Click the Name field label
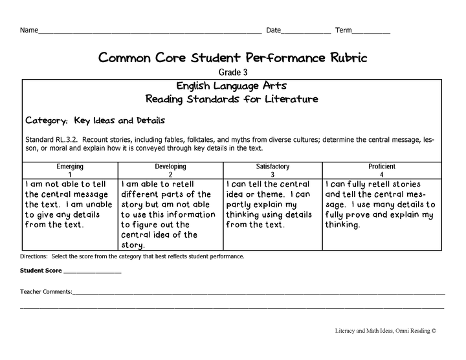click(x=29, y=30)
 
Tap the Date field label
click(x=273, y=30)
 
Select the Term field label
click(x=344, y=30)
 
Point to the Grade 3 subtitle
click(x=232, y=73)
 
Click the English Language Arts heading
click(x=232, y=85)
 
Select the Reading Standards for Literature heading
click(x=232, y=99)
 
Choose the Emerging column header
click(x=70, y=166)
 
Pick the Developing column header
click(x=170, y=166)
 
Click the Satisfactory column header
click(x=272, y=166)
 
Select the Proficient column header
click(x=382, y=166)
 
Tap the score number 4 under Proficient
click(x=382, y=175)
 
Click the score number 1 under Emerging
click(x=70, y=175)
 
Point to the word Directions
click(x=34, y=257)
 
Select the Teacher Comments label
click(x=46, y=292)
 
